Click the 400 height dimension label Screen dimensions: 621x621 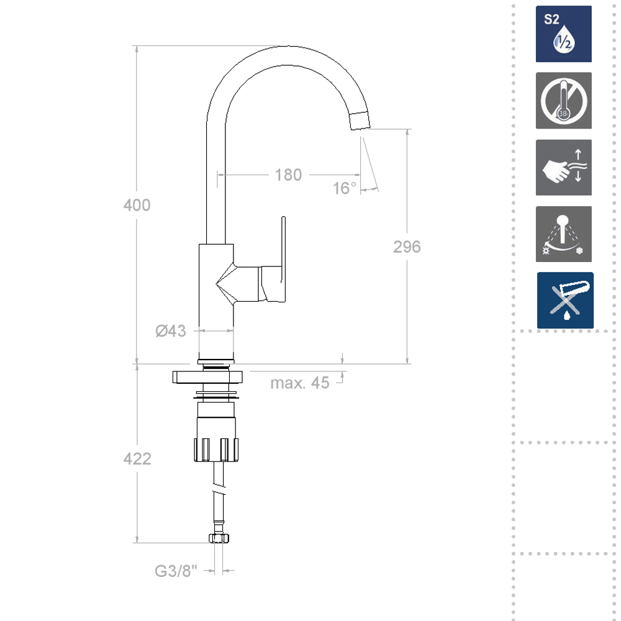click(137, 205)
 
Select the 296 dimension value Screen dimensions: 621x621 click(407, 247)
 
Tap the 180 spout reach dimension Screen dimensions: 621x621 click(288, 175)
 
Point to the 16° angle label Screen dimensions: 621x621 click(344, 188)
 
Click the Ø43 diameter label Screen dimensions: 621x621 click(171, 331)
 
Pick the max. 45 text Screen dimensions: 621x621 click(300, 383)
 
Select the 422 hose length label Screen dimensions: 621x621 click(137, 459)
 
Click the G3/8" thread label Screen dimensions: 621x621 click(176, 571)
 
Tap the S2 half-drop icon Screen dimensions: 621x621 click(564, 34)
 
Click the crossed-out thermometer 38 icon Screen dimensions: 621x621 click(564, 101)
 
